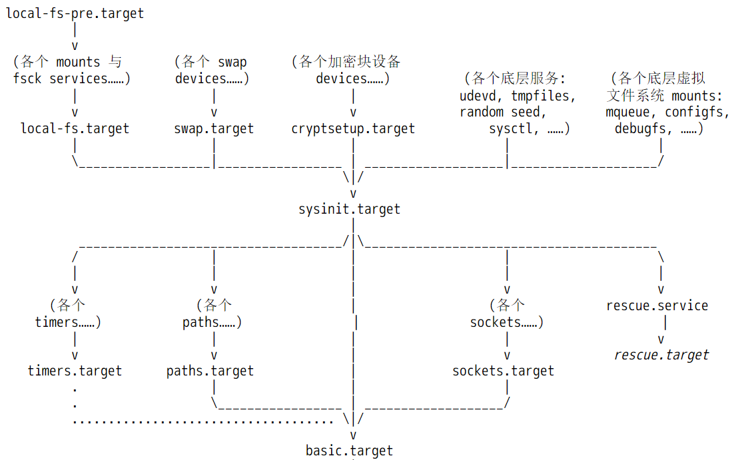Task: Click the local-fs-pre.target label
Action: coord(75,13)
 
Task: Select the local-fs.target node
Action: coord(75,128)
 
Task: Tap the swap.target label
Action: coord(214,128)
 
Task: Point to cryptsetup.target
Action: coord(353,128)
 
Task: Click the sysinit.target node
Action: coord(350,209)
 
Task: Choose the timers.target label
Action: coord(75,371)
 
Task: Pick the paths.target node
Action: coord(210,371)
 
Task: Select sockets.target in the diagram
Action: coord(504,371)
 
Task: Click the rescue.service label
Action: coord(657,306)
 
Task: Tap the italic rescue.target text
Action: coord(661,355)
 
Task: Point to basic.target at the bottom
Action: coord(350,450)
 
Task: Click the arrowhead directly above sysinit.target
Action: coord(353,193)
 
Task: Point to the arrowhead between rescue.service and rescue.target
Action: coord(661,340)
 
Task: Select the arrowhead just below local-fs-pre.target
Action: coord(75,46)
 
